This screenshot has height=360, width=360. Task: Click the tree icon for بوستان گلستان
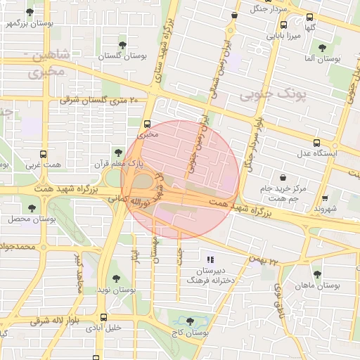tap(122, 45)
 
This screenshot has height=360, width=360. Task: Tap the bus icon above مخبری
tap(147, 122)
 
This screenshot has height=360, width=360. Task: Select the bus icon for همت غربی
tap(44, 154)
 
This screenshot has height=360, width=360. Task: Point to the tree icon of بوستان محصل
tap(32, 207)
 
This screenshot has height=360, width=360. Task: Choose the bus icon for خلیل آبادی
tap(104, 317)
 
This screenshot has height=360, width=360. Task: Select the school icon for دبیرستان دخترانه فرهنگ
tap(210, 259)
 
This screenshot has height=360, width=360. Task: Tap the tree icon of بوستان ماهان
tap(317, 274)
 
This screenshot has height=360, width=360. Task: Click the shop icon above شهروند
tap(325, 199)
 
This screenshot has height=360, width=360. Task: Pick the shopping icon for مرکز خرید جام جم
tap(283, 177)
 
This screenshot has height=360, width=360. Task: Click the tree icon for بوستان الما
tap(322, 49)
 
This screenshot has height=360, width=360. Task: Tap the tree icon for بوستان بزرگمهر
tap(29, 13)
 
